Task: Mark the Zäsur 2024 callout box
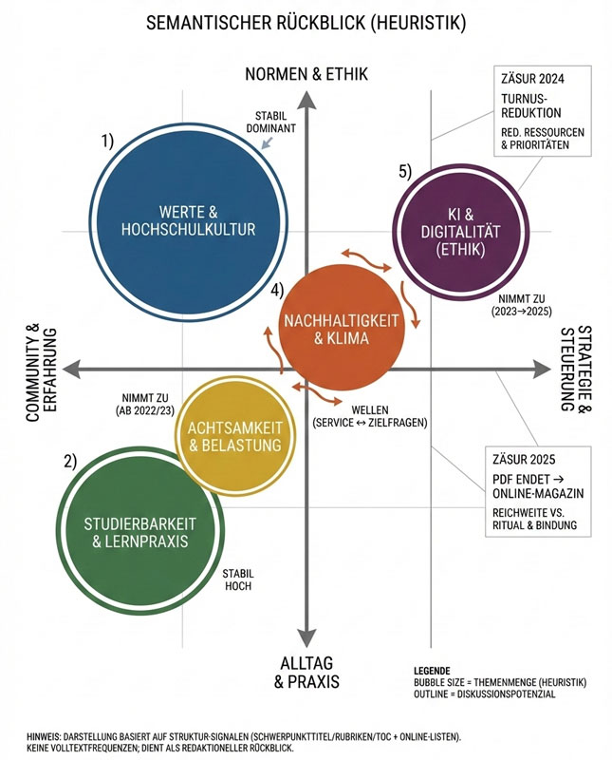click(x=544, y=111)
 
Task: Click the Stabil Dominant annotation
click(x=276, y=121)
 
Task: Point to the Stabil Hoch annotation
click(x=237, y=580)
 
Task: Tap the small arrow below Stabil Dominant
click(x=269, y=142)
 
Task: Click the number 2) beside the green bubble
click(x=70, y=462)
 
